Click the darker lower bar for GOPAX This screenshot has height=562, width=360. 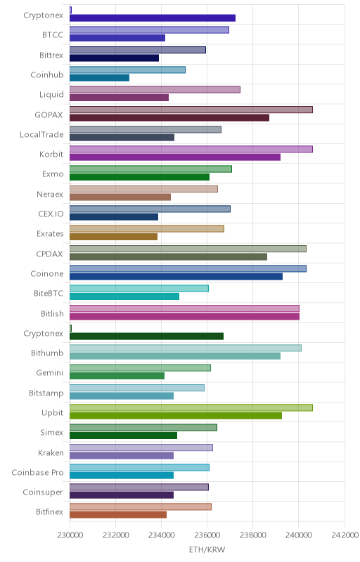tap(169, 117)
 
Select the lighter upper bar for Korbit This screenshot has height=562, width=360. tap(191, 149)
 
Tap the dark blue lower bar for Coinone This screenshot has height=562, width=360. tap(176, 276)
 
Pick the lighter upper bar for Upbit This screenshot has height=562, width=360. tap(191, 407)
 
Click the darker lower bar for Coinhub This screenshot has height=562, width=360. tap(99, 78)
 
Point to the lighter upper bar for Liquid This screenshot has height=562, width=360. tap(155, 90)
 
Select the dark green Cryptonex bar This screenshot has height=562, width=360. tap(147, 336)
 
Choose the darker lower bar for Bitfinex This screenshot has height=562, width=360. tap(118, 515)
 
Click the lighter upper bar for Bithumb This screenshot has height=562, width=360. tap(186, 348)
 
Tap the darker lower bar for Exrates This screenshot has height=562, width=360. tap(113, 237)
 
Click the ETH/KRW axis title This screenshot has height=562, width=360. tap(207, 549)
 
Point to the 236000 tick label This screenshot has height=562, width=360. tap(207, 535)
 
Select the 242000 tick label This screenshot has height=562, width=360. tap(345, 535)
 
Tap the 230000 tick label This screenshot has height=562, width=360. tap(70, 535)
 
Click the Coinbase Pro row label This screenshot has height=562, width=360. tap(38, 472)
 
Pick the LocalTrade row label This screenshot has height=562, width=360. tap(41, 134)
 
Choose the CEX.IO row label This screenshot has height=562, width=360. tap(51, 214)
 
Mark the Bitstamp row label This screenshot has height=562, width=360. tap(46, 393)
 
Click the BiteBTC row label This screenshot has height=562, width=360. tap(49, 293)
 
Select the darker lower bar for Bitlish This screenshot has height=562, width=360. tap(184, 316)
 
